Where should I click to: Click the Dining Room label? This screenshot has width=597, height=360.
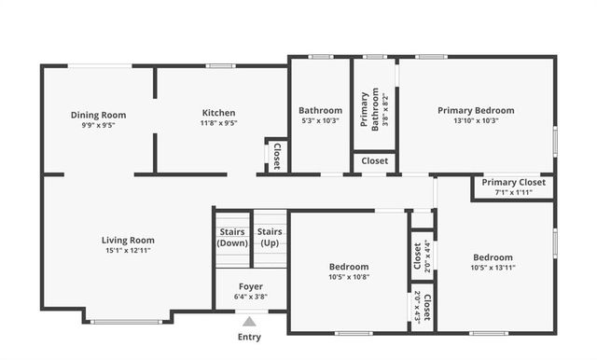click(98, 115)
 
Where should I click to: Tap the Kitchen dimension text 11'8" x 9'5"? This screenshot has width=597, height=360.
click(218, 123)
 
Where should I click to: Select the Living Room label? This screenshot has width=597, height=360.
click(128, 240)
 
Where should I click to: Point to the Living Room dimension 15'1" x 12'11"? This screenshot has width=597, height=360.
click(128, 250)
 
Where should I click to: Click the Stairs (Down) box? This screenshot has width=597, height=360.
click(232, 237)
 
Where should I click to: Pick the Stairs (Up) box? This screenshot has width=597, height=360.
click(270, 237)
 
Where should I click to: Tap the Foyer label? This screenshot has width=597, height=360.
click(249, 286)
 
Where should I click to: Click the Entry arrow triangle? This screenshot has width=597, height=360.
click(249, 320)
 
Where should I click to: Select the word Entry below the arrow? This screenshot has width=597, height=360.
click(249, 337)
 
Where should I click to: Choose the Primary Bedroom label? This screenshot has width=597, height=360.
click(476, 110)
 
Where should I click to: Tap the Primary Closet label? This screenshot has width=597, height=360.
click(513, 182)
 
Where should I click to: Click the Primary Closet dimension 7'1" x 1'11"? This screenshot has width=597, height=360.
click(513, 192)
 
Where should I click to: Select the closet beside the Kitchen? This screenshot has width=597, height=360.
click(276, 156)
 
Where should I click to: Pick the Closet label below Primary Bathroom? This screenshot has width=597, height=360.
click(375, 161)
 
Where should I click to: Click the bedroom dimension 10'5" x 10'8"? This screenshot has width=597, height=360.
click(349, 276)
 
